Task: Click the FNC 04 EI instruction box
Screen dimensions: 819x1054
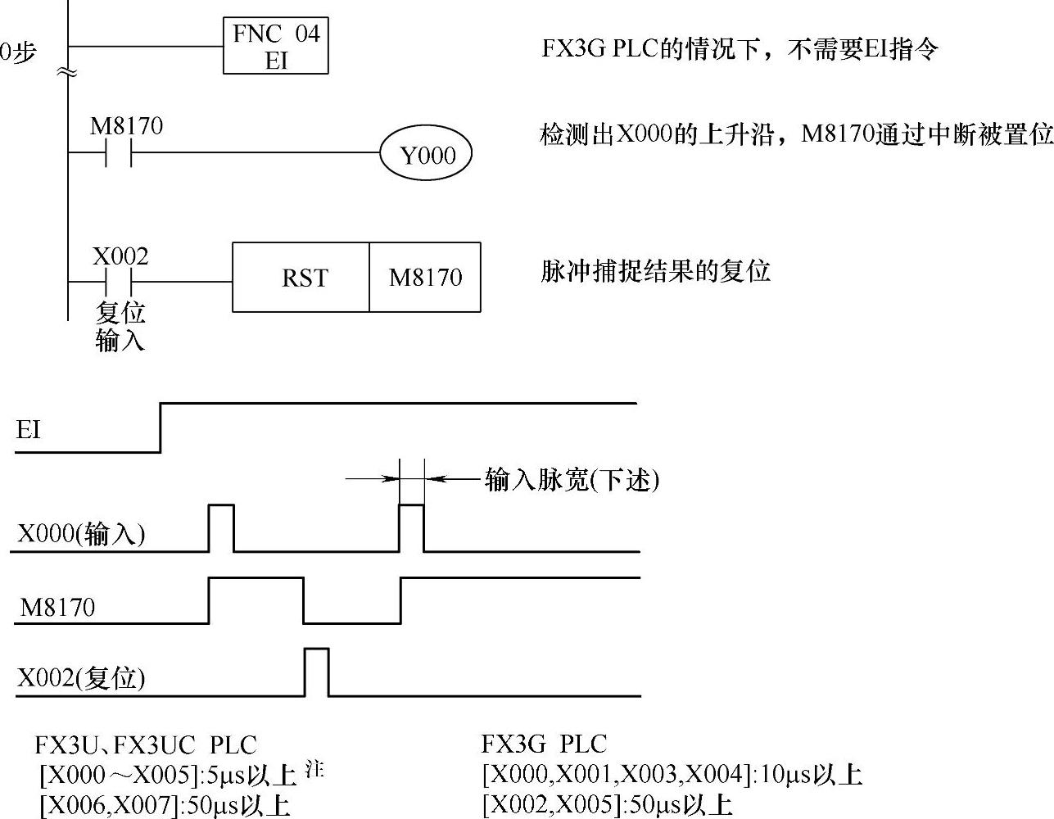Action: (x=276, y=47)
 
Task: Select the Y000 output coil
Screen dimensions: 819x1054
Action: (x=427, y=155)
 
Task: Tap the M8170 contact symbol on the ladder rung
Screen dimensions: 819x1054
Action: (x=120, y=153)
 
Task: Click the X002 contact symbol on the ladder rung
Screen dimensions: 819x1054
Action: (x=120, y=282)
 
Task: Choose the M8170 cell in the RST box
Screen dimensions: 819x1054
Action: (x=425, y=278)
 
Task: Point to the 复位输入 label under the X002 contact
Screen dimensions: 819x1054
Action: (x=120, y=326)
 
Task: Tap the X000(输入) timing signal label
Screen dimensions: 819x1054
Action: (x=81, y=535)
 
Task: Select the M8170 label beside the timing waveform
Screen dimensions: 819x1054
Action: (x=57, y=608)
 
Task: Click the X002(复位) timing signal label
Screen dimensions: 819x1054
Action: (x=81, y=678)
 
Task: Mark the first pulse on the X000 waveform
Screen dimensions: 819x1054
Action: (x=221, y=527)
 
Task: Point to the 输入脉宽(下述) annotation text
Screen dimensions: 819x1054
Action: (x=572, y=479)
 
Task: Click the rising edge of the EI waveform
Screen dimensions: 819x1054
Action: (x=161, y=427)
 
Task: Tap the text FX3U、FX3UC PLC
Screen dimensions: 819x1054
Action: (x=146, y=745)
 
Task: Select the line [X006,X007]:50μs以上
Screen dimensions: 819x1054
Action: (x=165, y=806)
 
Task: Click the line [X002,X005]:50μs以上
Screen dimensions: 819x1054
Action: (x=607, y=804)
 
